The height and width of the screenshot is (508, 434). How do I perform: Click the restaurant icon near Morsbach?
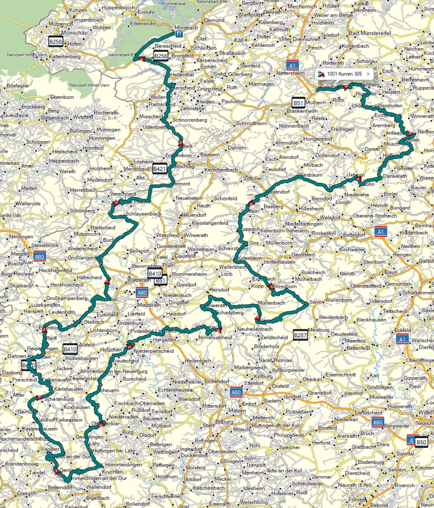click(179, 34)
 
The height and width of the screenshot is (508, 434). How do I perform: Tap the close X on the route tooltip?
click(368, 74)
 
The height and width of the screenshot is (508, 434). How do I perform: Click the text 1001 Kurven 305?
click(344, 74)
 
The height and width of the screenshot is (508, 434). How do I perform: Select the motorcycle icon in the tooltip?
click(321, 74)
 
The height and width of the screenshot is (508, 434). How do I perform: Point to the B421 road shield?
click(160, 169)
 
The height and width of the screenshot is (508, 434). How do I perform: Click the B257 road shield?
click(300, 335)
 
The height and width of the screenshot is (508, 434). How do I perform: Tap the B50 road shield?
click(421, 442)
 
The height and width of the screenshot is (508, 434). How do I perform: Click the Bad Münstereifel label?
click(370, 33)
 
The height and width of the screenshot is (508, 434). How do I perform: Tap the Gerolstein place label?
click(303, 255)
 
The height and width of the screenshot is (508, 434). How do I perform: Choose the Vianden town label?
click(50, 449)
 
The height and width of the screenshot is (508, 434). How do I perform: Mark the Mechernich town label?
click(302, 6)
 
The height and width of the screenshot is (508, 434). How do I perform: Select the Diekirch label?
click(27, 493)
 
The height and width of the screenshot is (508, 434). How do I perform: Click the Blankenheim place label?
click(302, 111)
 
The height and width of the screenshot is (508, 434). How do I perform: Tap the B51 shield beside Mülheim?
click(298, 103)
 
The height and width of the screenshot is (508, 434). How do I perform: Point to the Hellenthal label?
click(182, 75)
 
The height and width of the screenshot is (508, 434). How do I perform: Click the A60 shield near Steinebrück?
click(39, 256)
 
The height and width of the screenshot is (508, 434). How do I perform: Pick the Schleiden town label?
click(203, 48)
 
